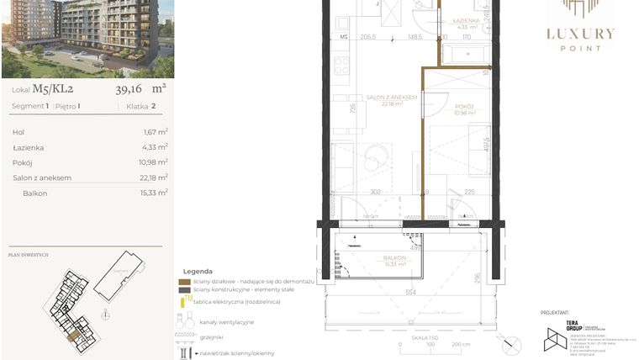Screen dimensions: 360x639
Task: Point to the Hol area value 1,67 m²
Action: [155, 132]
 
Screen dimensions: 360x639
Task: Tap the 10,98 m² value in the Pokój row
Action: [153, 162]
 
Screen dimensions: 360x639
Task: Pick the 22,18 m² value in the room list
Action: [153, 177]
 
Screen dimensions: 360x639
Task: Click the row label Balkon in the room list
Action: [35, 193]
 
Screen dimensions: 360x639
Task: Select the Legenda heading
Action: [197, 271]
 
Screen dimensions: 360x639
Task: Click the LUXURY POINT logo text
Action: [581, 34]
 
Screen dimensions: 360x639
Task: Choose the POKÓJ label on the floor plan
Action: [456, 107]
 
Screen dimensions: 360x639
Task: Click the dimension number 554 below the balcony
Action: [411, 291]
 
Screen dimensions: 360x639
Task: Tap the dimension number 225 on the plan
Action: [470, 192]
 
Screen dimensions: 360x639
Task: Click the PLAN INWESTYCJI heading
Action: [28, 254]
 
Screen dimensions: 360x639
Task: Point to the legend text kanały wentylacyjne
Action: [227, 322]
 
